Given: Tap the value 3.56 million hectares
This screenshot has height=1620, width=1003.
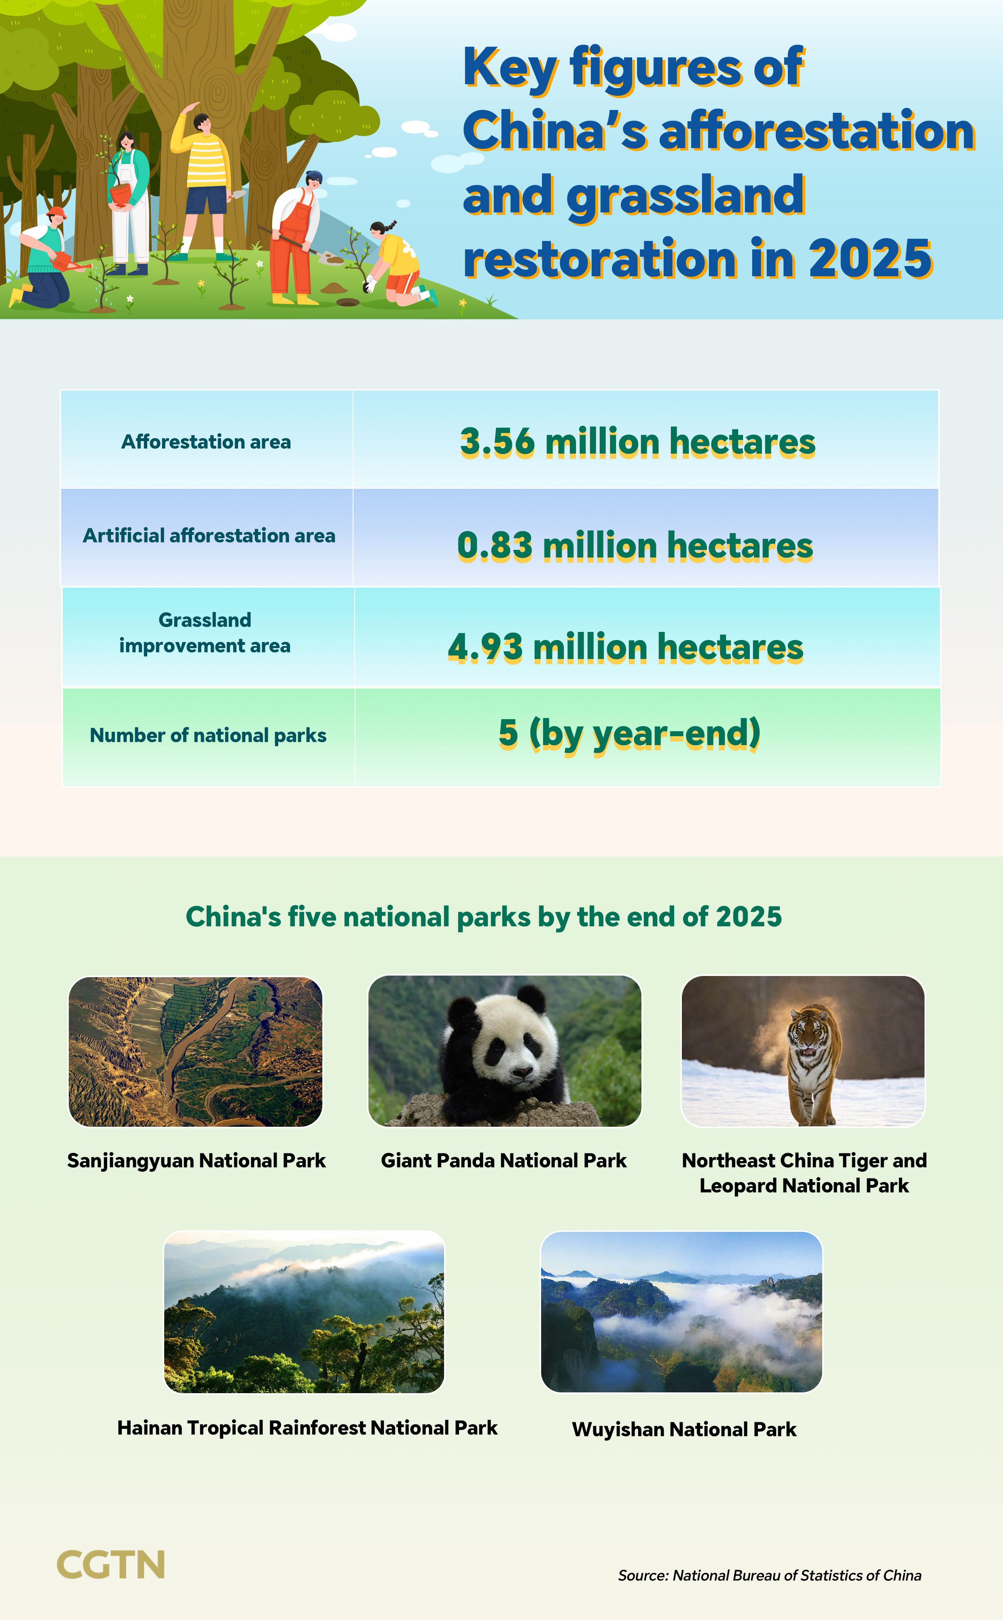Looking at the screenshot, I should coord(637,442).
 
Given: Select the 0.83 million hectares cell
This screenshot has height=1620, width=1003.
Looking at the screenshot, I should coord(635,546).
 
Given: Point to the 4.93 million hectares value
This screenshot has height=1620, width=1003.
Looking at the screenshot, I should coord(626,647).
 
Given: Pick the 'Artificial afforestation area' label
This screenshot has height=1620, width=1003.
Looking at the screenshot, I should coord(209,536).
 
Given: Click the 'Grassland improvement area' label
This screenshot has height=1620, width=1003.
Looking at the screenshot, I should coord(205,633).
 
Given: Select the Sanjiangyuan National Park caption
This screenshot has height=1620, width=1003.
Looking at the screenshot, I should coord(197,1160).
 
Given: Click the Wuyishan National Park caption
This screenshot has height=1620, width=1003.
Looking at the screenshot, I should coord(684,1429).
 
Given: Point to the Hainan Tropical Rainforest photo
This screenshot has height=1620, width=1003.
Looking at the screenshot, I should coord(304,1312).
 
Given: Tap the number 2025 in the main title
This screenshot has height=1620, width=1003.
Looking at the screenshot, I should coord(870,259).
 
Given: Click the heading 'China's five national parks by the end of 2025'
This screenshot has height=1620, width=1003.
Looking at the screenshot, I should coord(484,917).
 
